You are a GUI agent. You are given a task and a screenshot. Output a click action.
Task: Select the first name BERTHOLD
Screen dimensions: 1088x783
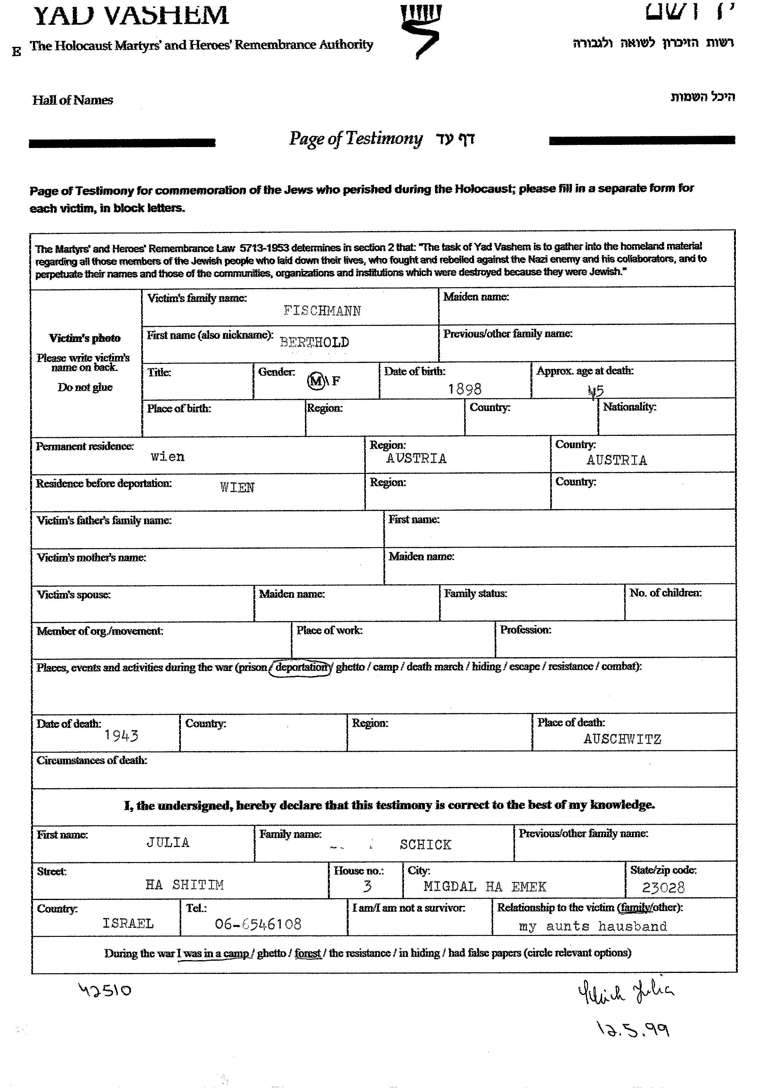(x=314, y=342)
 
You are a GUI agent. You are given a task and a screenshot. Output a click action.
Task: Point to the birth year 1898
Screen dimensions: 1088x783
(x=465, y=388)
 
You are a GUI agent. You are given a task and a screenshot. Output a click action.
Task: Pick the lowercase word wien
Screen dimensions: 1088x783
(x=167, y=456)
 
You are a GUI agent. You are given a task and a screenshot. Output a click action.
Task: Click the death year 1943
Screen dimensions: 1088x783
(x=121, y=735)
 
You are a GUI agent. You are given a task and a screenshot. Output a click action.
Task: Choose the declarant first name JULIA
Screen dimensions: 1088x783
(x=168, y=842)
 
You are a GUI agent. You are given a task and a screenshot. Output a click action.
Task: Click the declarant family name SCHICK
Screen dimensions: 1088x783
(x=425, y=844)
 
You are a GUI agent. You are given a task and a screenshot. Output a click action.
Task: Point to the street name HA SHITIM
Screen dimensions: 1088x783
(x=185, y=885)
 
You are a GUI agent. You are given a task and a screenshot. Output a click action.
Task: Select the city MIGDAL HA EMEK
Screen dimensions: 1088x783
(x=484, y=887)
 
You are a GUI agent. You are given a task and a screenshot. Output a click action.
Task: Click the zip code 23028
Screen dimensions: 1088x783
(x=663, y=887)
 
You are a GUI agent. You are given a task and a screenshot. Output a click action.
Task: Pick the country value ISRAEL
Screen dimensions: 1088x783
(x=128, y=923)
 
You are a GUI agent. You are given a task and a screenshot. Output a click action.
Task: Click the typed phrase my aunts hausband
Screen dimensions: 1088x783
(x=593, y=926)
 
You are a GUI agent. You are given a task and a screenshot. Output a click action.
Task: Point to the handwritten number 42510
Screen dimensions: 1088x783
(x=105, y=989)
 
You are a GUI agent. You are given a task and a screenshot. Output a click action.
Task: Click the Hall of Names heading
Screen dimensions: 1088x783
(x=73, y=100)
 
